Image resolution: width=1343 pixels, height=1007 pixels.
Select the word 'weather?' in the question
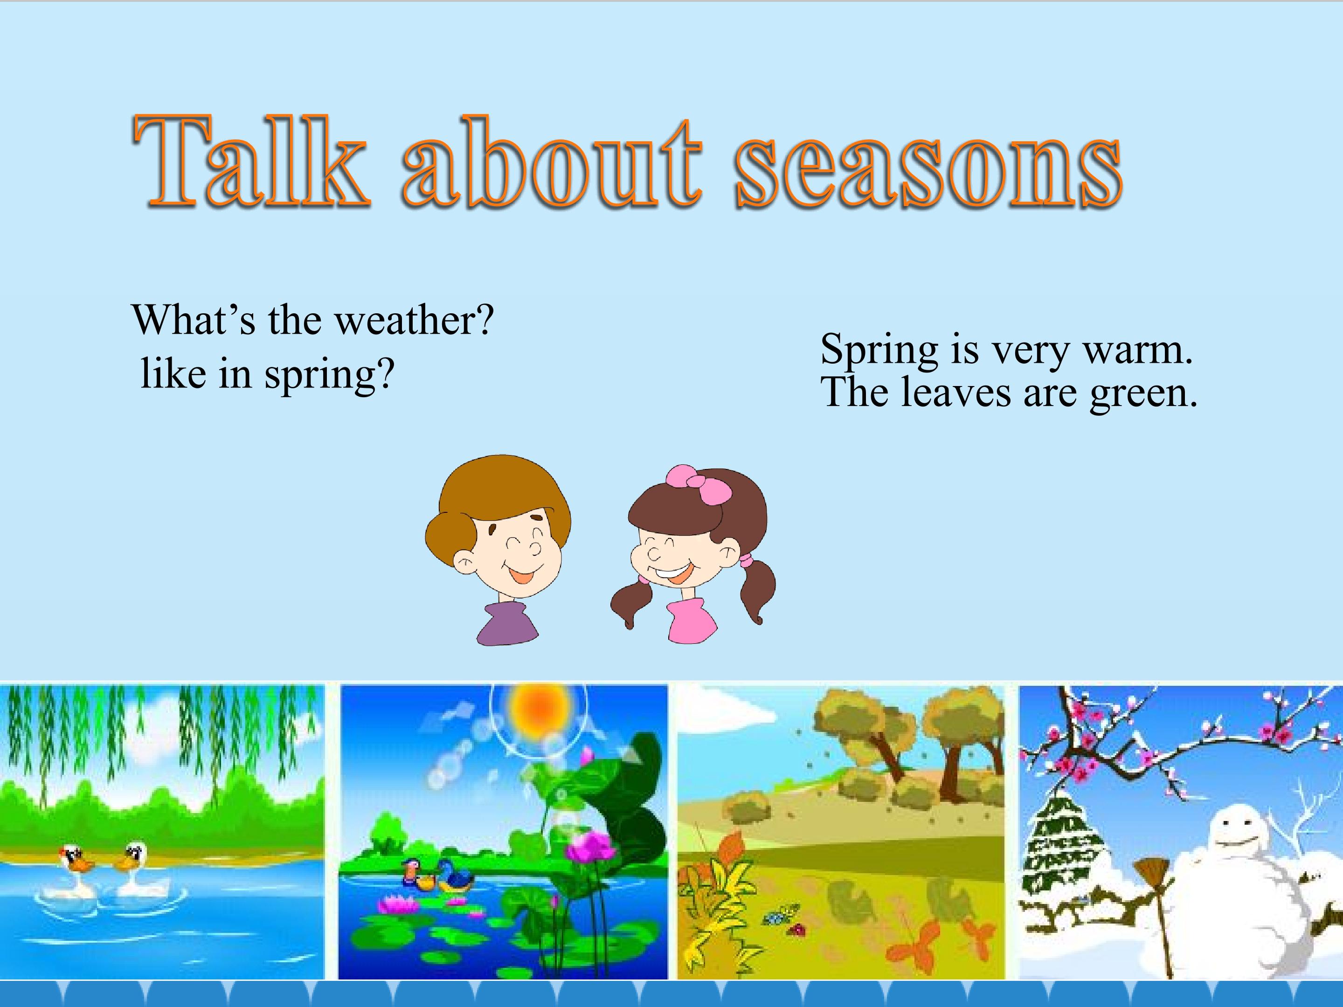[415, 320]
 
